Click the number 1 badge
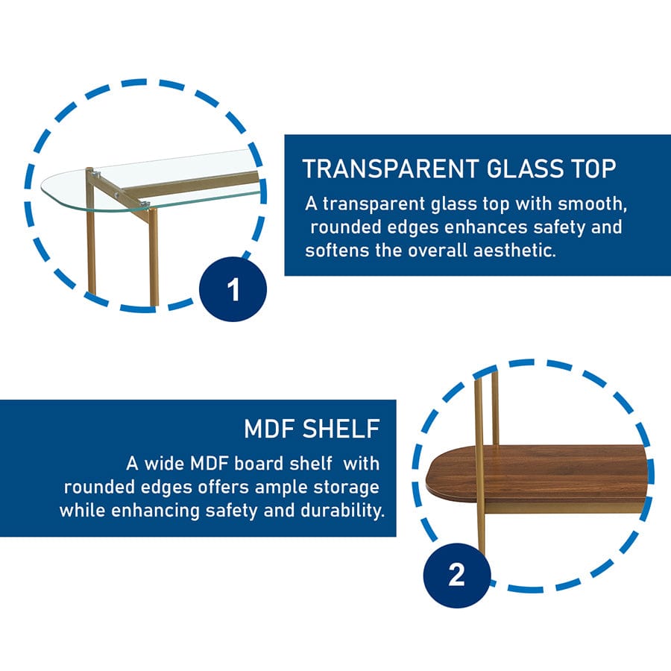[234, 289]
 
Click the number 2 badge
[456, 574]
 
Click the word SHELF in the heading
[344, 429]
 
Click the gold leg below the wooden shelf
[481, 529]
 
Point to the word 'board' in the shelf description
[261, 463]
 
